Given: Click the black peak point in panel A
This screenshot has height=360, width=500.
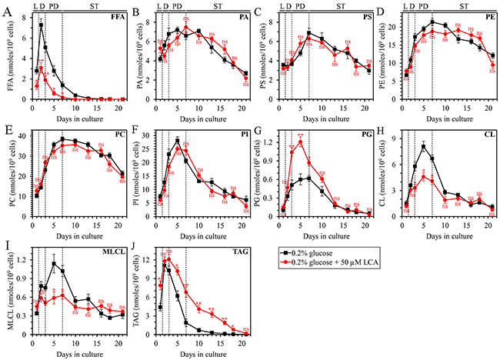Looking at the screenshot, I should pyautogui.click(x=42, y=25).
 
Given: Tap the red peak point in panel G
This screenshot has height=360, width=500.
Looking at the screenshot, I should pyautogui.click(x=300, y=142).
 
